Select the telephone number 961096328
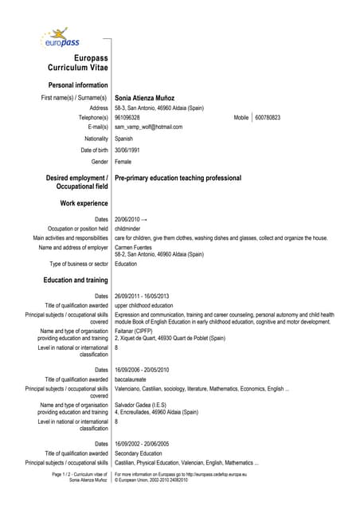click(x=127, y=117)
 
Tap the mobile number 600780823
click(x=268, y=117)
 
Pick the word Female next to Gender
click(x=125, y=161)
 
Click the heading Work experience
click(x=84, y=204)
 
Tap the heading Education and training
click(x=76, y=280)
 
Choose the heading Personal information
click(x=78, y=84)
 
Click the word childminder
click(x=131, y=228)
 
